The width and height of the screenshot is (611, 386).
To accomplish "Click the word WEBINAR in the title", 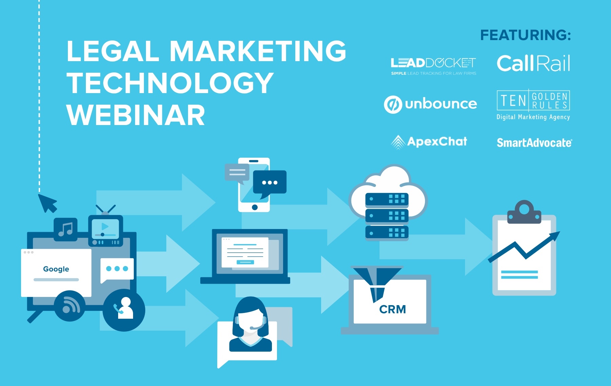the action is pyautogui.click(x=136, y=115).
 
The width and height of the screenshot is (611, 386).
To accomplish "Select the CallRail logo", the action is pyautogui.click(x=533, y=63).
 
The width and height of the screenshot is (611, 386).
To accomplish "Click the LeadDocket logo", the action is pyautogui.click(x=433, y=66).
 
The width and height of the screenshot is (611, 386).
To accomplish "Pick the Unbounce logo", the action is pyautogui.click(x=430, y=104).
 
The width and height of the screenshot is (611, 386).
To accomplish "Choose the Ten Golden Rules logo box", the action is pyautogui.click(x=533, y=100).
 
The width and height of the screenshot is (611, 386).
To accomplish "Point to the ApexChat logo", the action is pyautogui.click(x=429, y=142).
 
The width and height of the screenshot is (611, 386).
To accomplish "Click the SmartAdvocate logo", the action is pyautogui.click(x=534, y=143).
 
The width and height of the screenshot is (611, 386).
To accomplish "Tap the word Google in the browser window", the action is pyautogui.click(x=56, y=269).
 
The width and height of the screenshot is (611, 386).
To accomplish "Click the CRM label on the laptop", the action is pyautogui.click(x=392, y=309).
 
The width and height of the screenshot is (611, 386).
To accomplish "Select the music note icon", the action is pyautogui.click(x=66, y=229).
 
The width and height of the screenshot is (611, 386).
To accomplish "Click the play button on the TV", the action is pyautogui.click(x=105, y=226).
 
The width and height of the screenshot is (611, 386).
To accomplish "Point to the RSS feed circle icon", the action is pyautogui.click(x=70, y=306).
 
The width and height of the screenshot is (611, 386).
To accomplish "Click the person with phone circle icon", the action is pyautogui.click(x=124, y=310).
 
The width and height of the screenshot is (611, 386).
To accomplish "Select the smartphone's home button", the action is pyautogui.click(x=255, y=207).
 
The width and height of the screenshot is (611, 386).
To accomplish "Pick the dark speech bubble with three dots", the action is pyautogui.click(x=270, y=183).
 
